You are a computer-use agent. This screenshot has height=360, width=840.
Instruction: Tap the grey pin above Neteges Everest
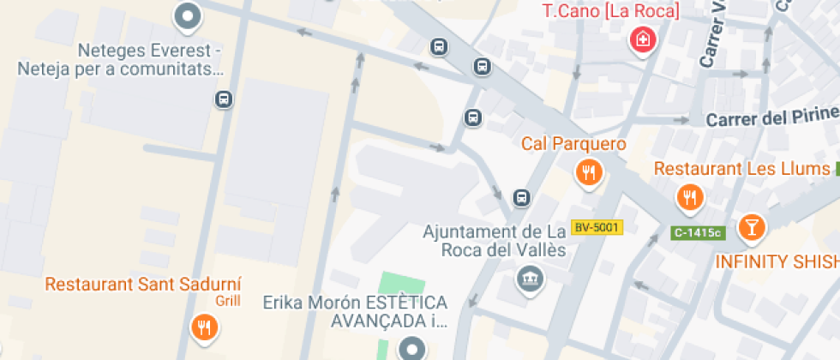(x=187, y=15)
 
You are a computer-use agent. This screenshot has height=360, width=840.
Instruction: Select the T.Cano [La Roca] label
(x=612, y=11)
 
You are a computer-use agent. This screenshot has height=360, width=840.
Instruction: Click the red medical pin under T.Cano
(x=642, y=39)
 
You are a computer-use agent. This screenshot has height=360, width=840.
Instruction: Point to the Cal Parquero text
(x=574, y=144)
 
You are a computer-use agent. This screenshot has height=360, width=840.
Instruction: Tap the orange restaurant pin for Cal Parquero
(x=588, y=173)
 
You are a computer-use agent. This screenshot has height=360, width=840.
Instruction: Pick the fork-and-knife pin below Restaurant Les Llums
(x=689, y=198)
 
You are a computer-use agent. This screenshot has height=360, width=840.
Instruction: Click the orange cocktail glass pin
(x=752, y=227)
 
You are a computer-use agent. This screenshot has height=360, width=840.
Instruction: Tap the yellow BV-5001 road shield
(x=597, y=228)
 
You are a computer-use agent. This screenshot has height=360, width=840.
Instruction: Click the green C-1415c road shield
(x=699, y=232)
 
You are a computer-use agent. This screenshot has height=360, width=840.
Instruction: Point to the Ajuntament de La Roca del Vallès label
(x=495, y=241)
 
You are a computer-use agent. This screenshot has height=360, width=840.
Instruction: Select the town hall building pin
(x=529, y=278)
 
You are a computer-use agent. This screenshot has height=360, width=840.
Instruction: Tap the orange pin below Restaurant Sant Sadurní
(x=204, y=327)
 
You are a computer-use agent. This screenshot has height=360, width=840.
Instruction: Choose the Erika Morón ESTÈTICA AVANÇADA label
(x=355, y=312)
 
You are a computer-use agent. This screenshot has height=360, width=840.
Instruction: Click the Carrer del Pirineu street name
(x=771, y=118)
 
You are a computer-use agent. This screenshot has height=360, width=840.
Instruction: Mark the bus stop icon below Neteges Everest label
(x=224, y=99)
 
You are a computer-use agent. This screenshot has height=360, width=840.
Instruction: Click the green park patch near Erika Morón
(x=401, y=287)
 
